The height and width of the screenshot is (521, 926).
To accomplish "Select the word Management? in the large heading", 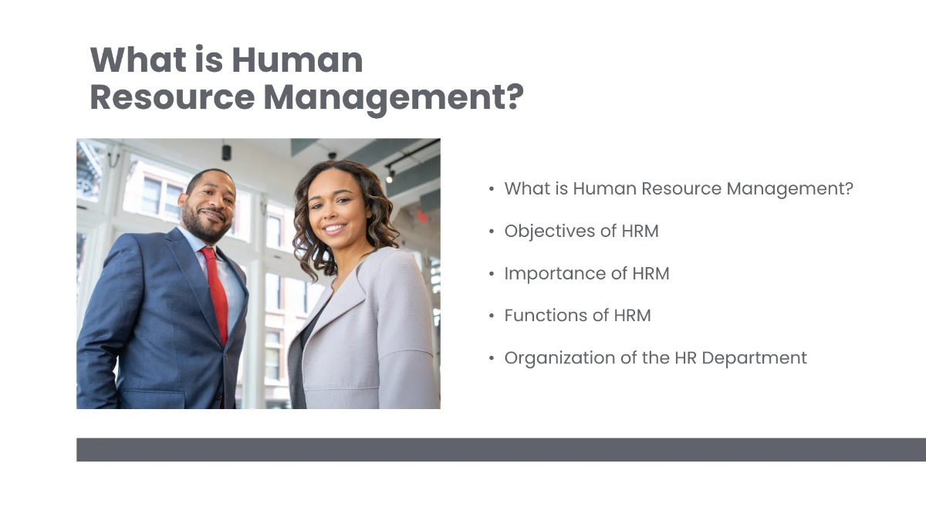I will point(394,97).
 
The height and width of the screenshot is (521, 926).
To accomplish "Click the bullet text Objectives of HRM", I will point(581,231).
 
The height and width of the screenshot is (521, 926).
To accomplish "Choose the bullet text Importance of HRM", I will point(586,273).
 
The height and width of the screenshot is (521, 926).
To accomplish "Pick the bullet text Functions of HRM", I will point(577,315).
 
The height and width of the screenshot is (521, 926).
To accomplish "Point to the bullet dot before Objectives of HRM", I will point(492,232).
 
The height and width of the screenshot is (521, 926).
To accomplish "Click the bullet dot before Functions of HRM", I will point(492,316).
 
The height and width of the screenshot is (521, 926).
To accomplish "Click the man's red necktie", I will point(216,293).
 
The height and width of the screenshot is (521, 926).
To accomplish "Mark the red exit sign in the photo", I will point(422,217).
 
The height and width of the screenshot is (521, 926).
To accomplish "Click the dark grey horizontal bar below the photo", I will point(501,449).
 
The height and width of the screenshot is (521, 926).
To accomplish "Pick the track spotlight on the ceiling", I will point(390,176).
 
